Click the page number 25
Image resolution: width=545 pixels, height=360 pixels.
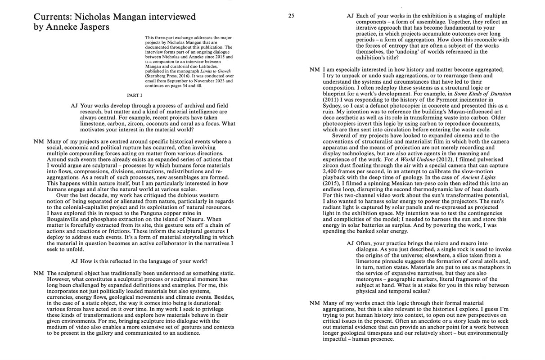[x=291, y=16]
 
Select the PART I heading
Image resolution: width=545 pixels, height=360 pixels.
[x=135, y=95]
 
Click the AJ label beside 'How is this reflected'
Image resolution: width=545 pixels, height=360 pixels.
[x=74, y=261]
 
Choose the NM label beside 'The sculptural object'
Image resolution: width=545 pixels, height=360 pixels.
[x=38, y=273]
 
